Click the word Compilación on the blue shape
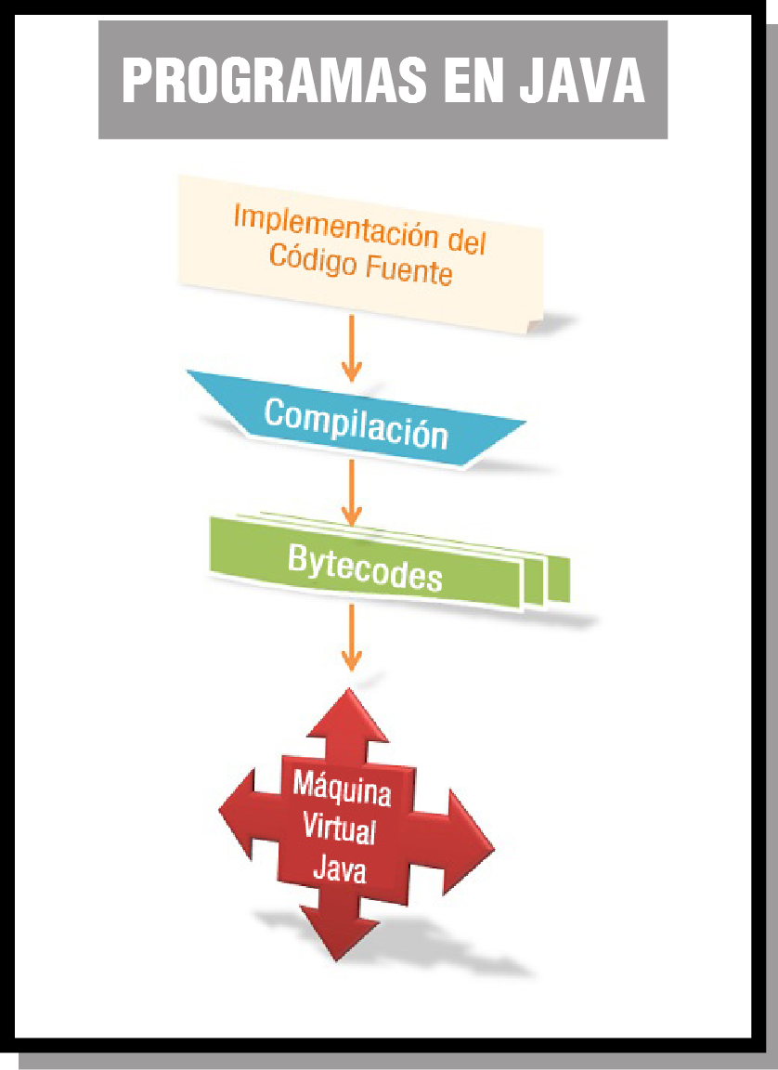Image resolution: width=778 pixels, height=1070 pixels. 356,423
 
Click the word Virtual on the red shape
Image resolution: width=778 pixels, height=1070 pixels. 339,829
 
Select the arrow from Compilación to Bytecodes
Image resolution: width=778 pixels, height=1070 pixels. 351,491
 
